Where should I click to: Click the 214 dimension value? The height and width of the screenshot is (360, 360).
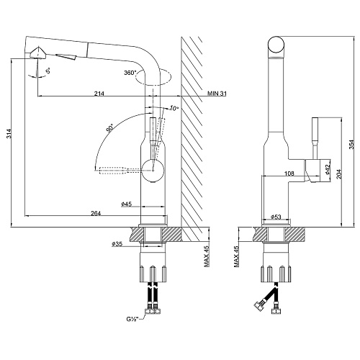(x=99, y=94)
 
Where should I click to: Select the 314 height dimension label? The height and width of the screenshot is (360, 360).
(x=9, y=134)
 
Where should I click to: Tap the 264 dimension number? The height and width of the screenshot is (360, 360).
(x=96, y=213)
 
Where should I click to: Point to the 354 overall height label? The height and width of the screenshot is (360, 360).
(x=351, y=145)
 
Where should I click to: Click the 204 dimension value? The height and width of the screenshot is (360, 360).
(x=339, y=174)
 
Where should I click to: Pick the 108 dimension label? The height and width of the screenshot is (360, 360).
(x=289, y=173)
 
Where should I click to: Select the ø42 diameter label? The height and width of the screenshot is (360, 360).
(x=328, y=168)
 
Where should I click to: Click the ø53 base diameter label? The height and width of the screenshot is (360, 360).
(x=276, y=217)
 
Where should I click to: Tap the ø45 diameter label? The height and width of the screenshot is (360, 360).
(x=127, y=204)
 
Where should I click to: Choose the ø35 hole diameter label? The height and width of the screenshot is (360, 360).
(x=117, y=244)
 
